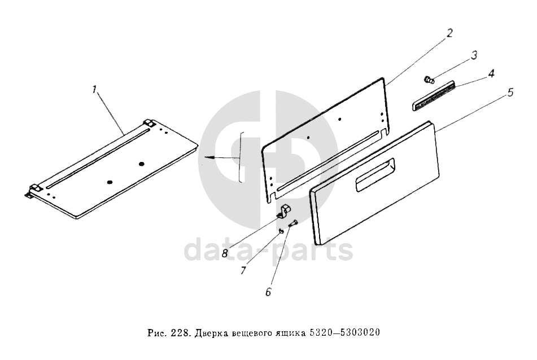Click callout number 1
(x=94, y=90)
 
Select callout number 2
(x=449, y=33)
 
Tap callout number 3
(x=474, y=55)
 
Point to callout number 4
(x=491, y=73)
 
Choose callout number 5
(x=510, y=92)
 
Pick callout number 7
(x=243, y=270)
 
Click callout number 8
(x=225, y=253)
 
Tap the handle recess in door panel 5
(x=376, y=175)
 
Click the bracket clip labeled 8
(x=283, y=211)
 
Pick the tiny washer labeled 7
(x=281, y=232)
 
